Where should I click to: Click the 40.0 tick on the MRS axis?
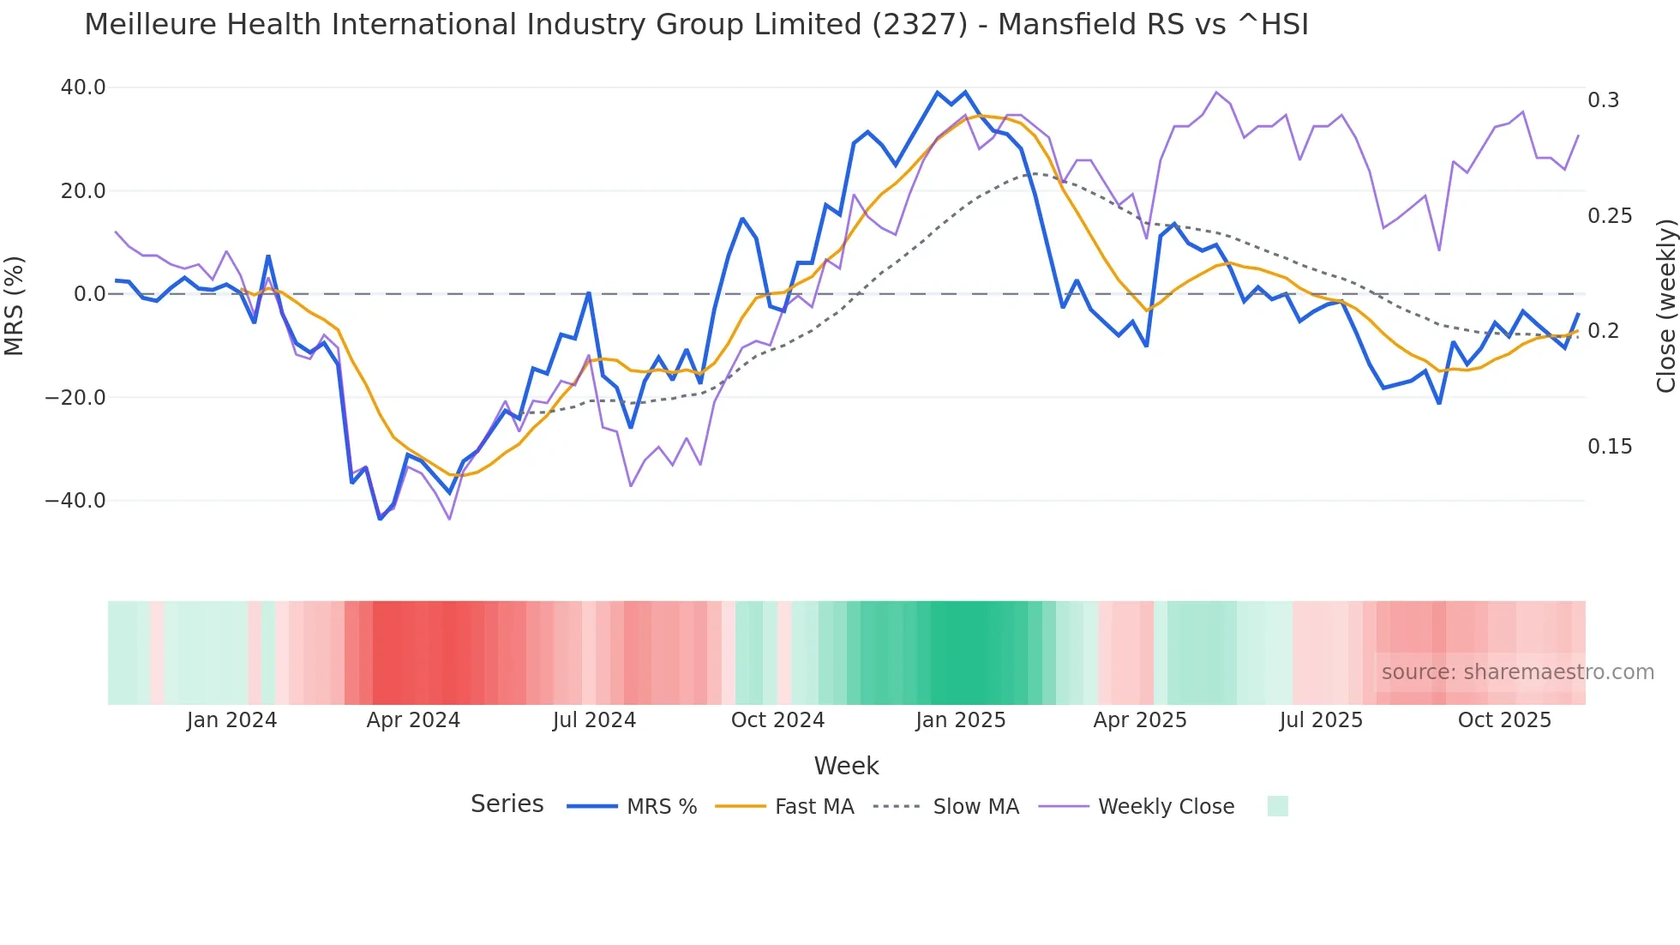pos(83,87)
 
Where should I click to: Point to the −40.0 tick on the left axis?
pos(76,501)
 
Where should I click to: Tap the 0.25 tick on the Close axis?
pos(1610,216)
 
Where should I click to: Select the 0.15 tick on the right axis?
pos(1610,447)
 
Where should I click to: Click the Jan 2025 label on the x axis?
pos(960,720)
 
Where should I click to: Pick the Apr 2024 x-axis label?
pos(413,720)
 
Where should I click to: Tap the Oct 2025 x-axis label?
pos(1504,720)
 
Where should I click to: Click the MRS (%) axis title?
pos(15,306)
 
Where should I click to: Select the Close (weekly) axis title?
pos(1665,306)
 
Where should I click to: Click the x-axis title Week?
pos(846,766)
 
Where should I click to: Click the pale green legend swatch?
pos(1277,806)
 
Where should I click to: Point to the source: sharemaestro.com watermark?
pos(1517,672)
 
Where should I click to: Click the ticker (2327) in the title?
pos(920,25)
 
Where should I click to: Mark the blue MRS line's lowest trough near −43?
pos(380,518)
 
